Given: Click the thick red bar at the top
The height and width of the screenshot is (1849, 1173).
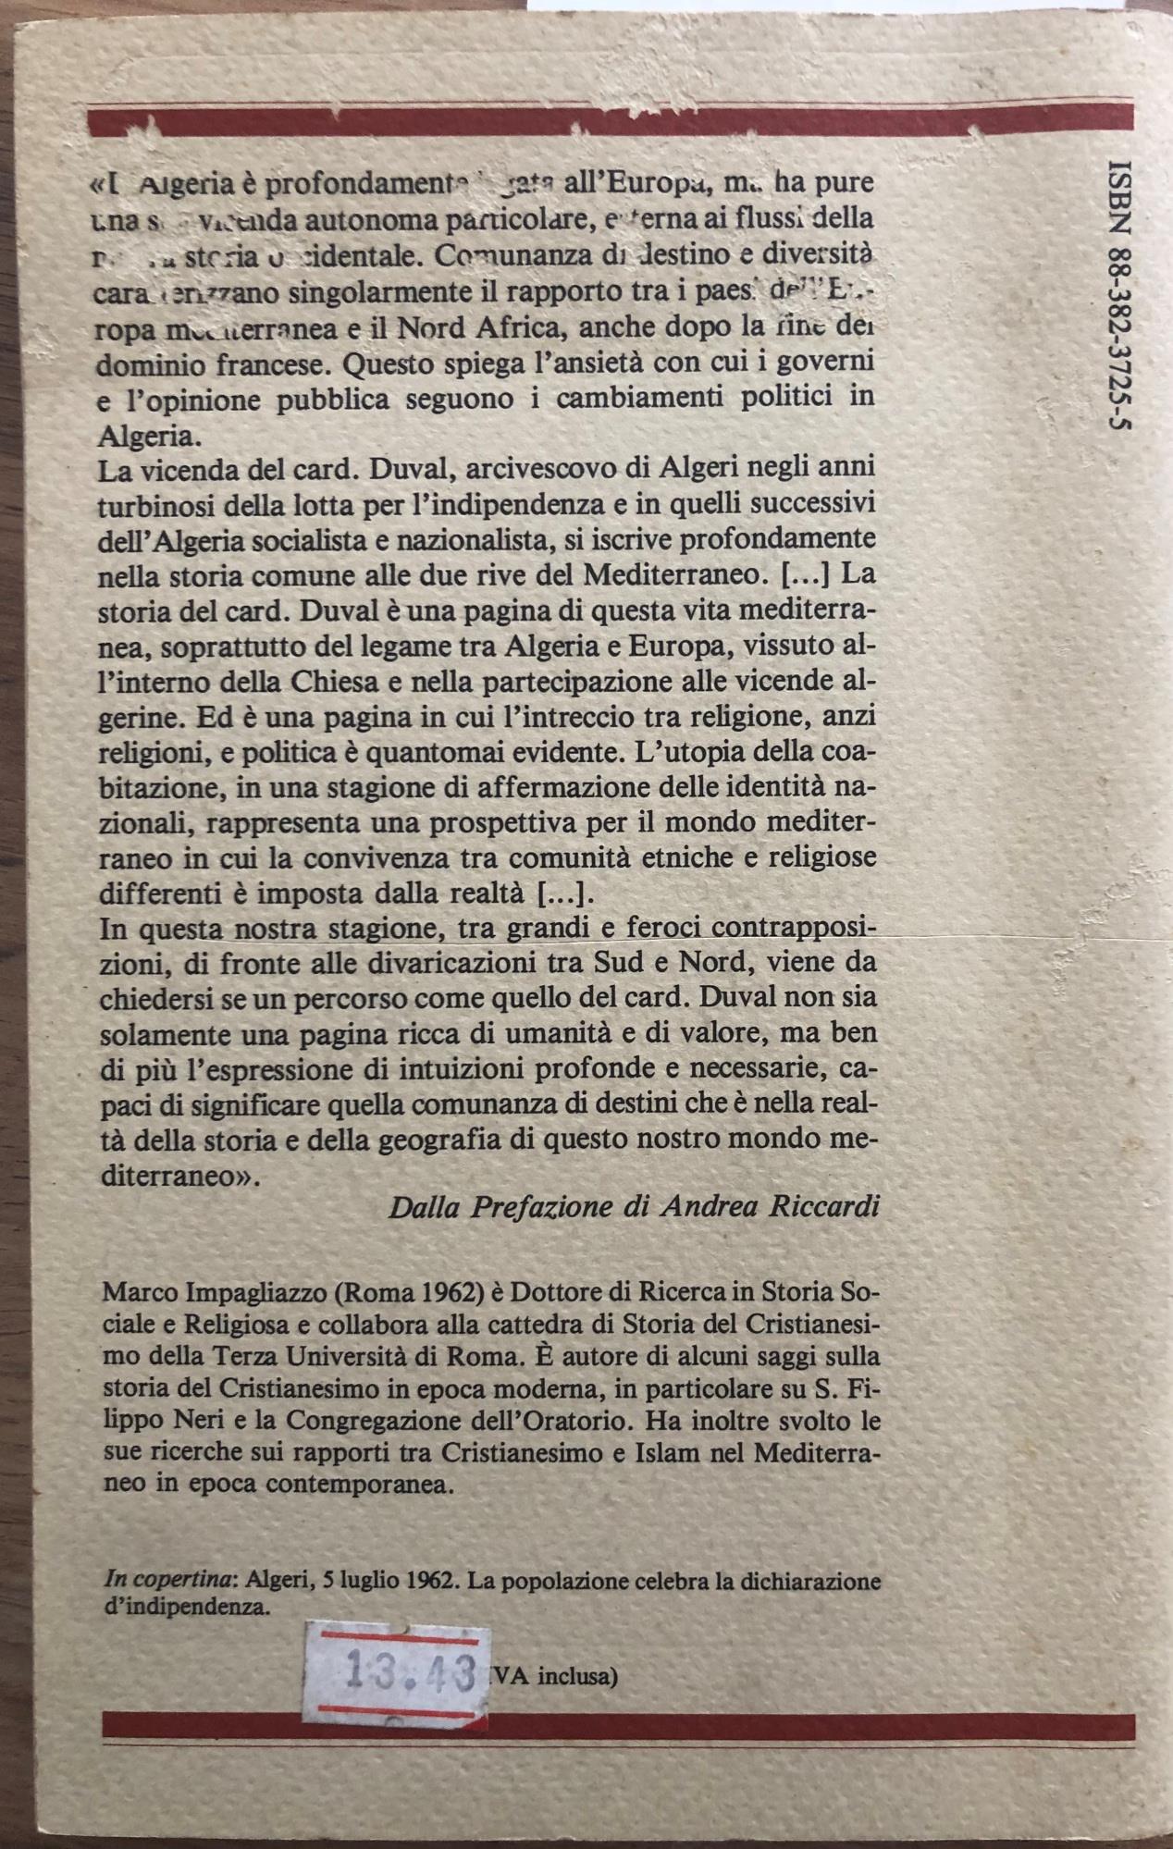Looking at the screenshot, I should tap(611, 121).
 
